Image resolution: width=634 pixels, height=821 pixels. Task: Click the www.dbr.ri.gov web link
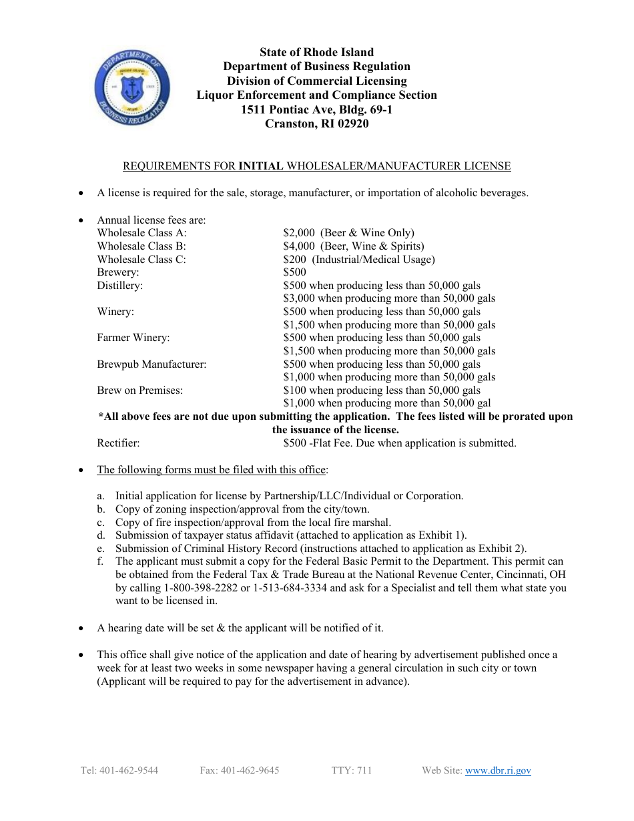click(498, 770)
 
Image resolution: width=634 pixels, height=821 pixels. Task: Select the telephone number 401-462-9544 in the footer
click(129, 770)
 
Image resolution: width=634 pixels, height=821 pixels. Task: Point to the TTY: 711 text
click(352, 770)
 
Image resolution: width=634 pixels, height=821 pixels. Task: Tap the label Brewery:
click(118, 272)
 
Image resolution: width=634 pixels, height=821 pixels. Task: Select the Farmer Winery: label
click(133, 338)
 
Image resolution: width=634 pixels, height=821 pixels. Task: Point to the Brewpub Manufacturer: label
click(151, 364)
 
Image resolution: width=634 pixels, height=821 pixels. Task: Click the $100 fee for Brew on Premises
click(295, 390)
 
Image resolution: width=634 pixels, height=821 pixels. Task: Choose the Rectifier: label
click(119, 443)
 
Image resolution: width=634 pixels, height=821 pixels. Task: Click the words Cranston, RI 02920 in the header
click(316, 123)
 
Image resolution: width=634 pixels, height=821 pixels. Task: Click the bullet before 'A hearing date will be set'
click(81, 629)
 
